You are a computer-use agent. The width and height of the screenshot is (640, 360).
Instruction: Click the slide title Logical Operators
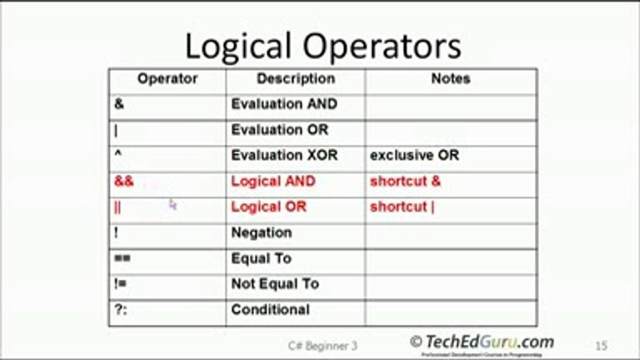pos(323,47)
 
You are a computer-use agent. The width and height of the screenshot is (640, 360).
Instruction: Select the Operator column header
pos(167,79)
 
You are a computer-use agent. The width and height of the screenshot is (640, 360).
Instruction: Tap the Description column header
pos(295,79)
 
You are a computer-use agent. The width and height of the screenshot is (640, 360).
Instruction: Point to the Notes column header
pos(450,79)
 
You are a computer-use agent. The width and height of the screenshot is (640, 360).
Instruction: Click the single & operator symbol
pos(119,104)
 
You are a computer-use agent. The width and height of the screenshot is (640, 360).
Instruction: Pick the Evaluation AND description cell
pos(284,104)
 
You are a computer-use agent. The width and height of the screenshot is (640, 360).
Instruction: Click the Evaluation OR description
pos(279,130)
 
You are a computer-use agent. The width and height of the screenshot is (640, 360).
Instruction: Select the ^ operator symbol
pos(118,154)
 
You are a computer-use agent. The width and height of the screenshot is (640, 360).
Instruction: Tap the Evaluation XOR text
pos(284,155)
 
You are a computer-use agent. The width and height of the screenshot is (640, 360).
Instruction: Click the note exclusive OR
pos(414,155)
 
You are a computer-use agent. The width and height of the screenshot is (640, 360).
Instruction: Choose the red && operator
pos(124,181)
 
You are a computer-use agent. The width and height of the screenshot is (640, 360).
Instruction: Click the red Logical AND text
pos(273,181)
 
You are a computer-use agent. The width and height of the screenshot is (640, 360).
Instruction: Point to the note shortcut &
pos(405,181)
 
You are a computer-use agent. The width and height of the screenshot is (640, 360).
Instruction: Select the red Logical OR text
pos(268,207)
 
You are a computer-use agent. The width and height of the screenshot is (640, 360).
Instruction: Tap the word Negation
pos(261,233)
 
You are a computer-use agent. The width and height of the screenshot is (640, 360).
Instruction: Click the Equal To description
pos(261,258)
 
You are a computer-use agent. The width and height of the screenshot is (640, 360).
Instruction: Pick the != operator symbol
pos(120,284)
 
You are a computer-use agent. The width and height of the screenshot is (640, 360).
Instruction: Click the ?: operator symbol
pos(120,309)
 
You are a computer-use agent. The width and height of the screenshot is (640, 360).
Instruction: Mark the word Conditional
pos(270,310)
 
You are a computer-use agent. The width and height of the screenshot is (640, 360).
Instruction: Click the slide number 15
pos(601,345)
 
